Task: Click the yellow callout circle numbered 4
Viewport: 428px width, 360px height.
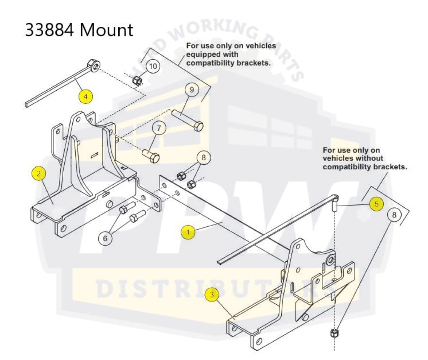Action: coord(85,97)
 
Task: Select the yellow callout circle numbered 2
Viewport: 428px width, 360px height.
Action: coord(39,174)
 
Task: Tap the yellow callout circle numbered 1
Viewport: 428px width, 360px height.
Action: coord(188,232)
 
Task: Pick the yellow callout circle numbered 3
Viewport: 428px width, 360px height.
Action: coord(212,295)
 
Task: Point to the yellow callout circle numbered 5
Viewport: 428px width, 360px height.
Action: coord(376,204)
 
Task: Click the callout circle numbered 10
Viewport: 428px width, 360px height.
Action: coord(153,66)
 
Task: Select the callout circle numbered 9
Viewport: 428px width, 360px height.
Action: coord(192,89)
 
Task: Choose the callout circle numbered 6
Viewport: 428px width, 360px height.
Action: coord(105,238)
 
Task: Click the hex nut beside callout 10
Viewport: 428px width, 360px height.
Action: coord(136,80)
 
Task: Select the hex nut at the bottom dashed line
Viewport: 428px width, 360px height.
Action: coord(334,333)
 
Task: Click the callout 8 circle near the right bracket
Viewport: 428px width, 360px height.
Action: coord(393,215)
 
